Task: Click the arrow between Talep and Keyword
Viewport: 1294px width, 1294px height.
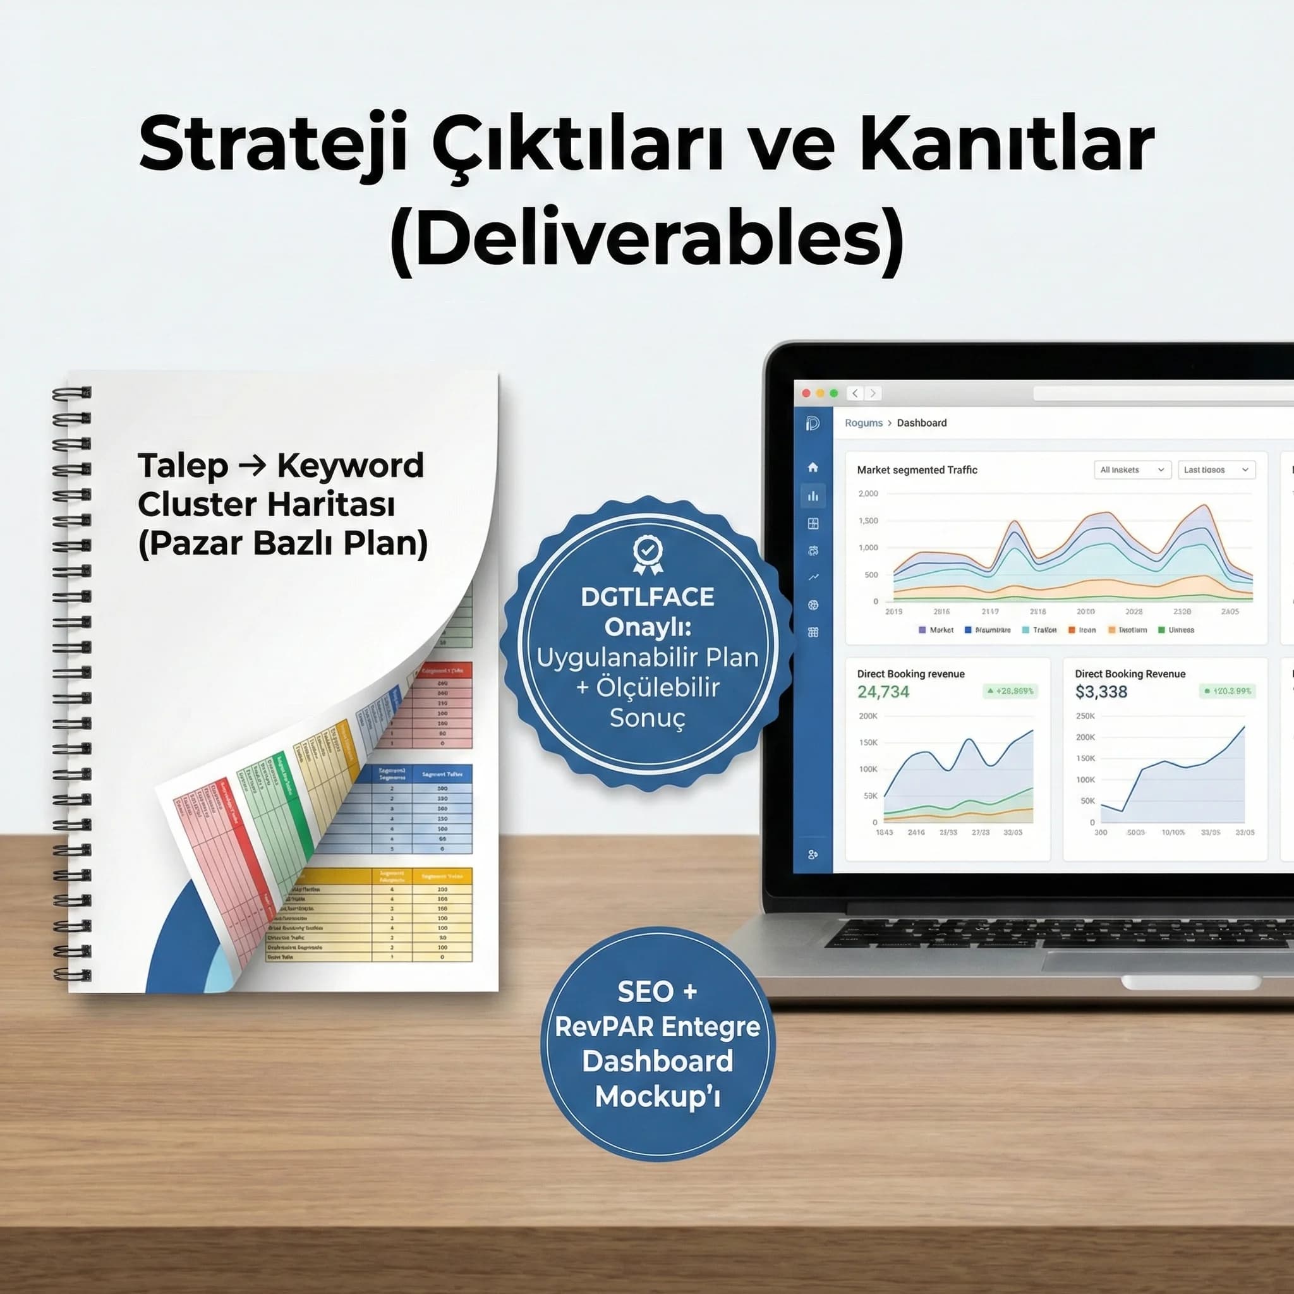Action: [x=252, y=464]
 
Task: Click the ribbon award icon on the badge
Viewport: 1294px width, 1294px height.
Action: [x=648, y=554]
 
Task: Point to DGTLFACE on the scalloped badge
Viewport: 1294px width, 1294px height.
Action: [x=647, y=596]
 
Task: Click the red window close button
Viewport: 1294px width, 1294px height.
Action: [x=806, y=393]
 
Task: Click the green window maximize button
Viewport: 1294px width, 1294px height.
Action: [x=834, y=393]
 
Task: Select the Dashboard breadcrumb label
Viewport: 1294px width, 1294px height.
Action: [x=922, y=423]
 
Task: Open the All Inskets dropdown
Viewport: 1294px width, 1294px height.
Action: [x=1132, y=469]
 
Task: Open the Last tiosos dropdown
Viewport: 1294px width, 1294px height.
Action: [x=1216, y=469]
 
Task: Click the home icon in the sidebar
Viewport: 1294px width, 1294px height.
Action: [x=813, y=467]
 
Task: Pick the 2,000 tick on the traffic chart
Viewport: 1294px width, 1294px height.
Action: [x=868, y=493]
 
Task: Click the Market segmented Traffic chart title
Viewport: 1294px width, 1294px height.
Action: [x=917, y=470]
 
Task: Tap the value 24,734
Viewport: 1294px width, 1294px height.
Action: [x=883, y=692]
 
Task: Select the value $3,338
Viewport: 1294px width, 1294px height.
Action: [x=1101, y=692]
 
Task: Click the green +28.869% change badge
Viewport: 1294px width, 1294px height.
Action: [x=1010, y=691]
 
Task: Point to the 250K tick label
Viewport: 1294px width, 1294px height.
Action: [x=1085, y=716]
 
